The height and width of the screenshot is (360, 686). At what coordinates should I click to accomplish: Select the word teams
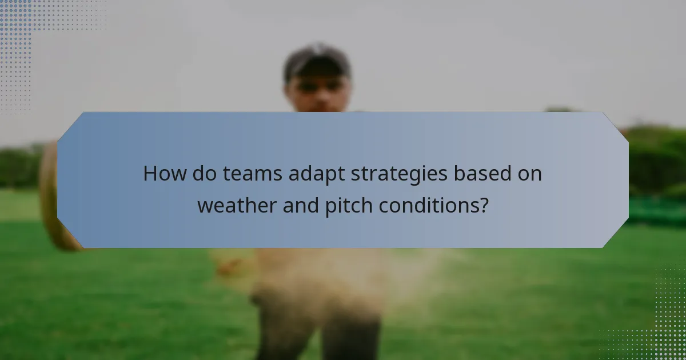tap(252, 173)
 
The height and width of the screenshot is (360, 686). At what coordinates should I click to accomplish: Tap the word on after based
tap(528, 174)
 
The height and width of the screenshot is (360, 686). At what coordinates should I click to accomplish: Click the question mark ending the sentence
tap(484, 205)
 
